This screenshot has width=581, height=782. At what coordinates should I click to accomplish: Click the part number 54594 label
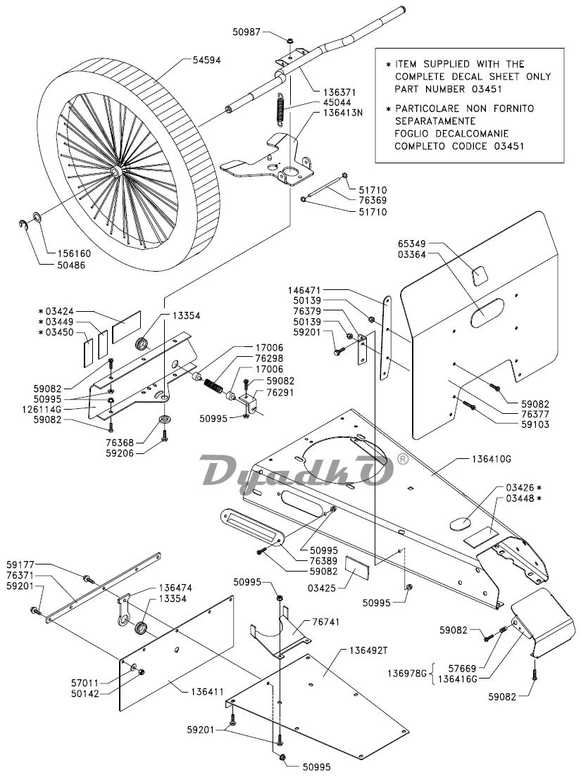click(207, 61)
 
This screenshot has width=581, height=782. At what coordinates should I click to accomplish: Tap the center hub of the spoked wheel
click(115, 171)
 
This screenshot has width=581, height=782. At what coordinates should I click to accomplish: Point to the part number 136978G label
click(408, 674)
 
